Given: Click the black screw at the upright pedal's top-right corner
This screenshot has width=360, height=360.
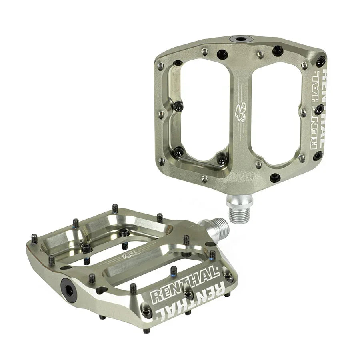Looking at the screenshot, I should (x=320, y=61).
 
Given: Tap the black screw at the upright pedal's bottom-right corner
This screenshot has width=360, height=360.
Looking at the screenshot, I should (x=318, y=156).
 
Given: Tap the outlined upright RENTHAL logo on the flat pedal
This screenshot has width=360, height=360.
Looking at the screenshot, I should (x=185, y=286).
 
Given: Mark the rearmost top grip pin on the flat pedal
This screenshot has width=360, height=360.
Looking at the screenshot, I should (x=115, y=208).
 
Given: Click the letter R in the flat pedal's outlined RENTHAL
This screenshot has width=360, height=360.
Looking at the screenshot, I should (x=156, y=296).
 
